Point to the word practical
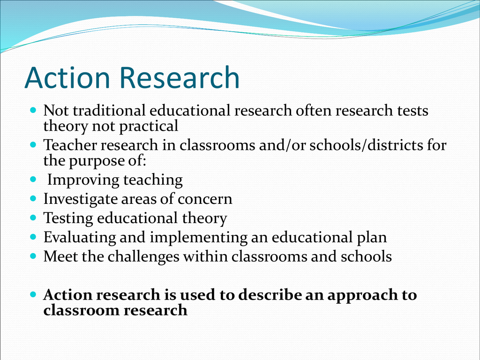tap(149, 126)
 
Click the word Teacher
tap(70, 145)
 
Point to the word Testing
tap(68, 218)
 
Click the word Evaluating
tap(80, 238)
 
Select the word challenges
tap(143, 256)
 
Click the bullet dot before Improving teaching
tap(33, 179)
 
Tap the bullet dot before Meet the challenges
tap(33, 255)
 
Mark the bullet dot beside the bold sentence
tap(33, 294)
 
